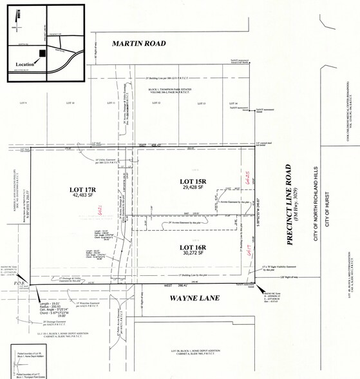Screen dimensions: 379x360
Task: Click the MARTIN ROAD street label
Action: pyautogui.click(x=139, y=44)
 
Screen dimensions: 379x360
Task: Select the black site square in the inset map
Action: pyautogui.click(x=42, y=53)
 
